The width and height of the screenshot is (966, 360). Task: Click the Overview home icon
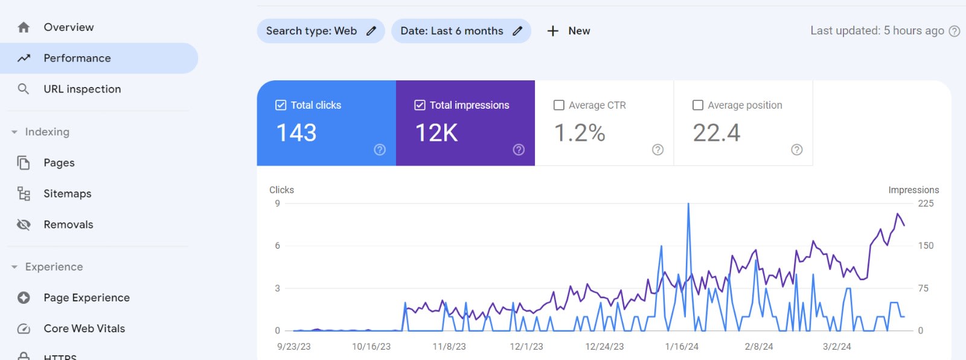click(x=24, y=27)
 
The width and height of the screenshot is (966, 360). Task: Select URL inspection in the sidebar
click(x=82, y=89)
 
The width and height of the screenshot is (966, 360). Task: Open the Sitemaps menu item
click(x=67, y=193)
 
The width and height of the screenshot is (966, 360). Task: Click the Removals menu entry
click(x=68, y=224)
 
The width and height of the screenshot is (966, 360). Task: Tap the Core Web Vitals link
click(x=84, y=328)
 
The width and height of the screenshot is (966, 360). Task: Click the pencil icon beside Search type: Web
click(x=371, y=31)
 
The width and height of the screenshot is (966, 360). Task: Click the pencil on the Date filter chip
click(x=517, y=31)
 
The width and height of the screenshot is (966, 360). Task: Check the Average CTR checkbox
click(x=559, y=105)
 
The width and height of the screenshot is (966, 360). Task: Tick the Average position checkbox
click(x=698, y=105)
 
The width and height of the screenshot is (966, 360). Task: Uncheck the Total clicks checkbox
click(x=281, y=105)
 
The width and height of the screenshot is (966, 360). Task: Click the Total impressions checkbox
click(x=420, y=105)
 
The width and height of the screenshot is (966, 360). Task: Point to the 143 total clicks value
click(x=296, y=133)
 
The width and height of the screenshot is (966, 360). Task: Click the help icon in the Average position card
click(x=797, y=150)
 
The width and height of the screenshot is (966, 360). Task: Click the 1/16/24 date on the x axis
click(x=682, y=347)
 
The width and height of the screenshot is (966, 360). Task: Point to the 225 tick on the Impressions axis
click(x=926, y=204)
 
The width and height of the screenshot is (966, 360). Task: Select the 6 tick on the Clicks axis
click(x=278, y=246)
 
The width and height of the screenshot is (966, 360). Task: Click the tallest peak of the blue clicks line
click(x=688, y=205)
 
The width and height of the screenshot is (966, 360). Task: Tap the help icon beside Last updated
click(x=955, y=31)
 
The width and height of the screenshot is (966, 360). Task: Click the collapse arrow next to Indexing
click(x=14, y=132)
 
